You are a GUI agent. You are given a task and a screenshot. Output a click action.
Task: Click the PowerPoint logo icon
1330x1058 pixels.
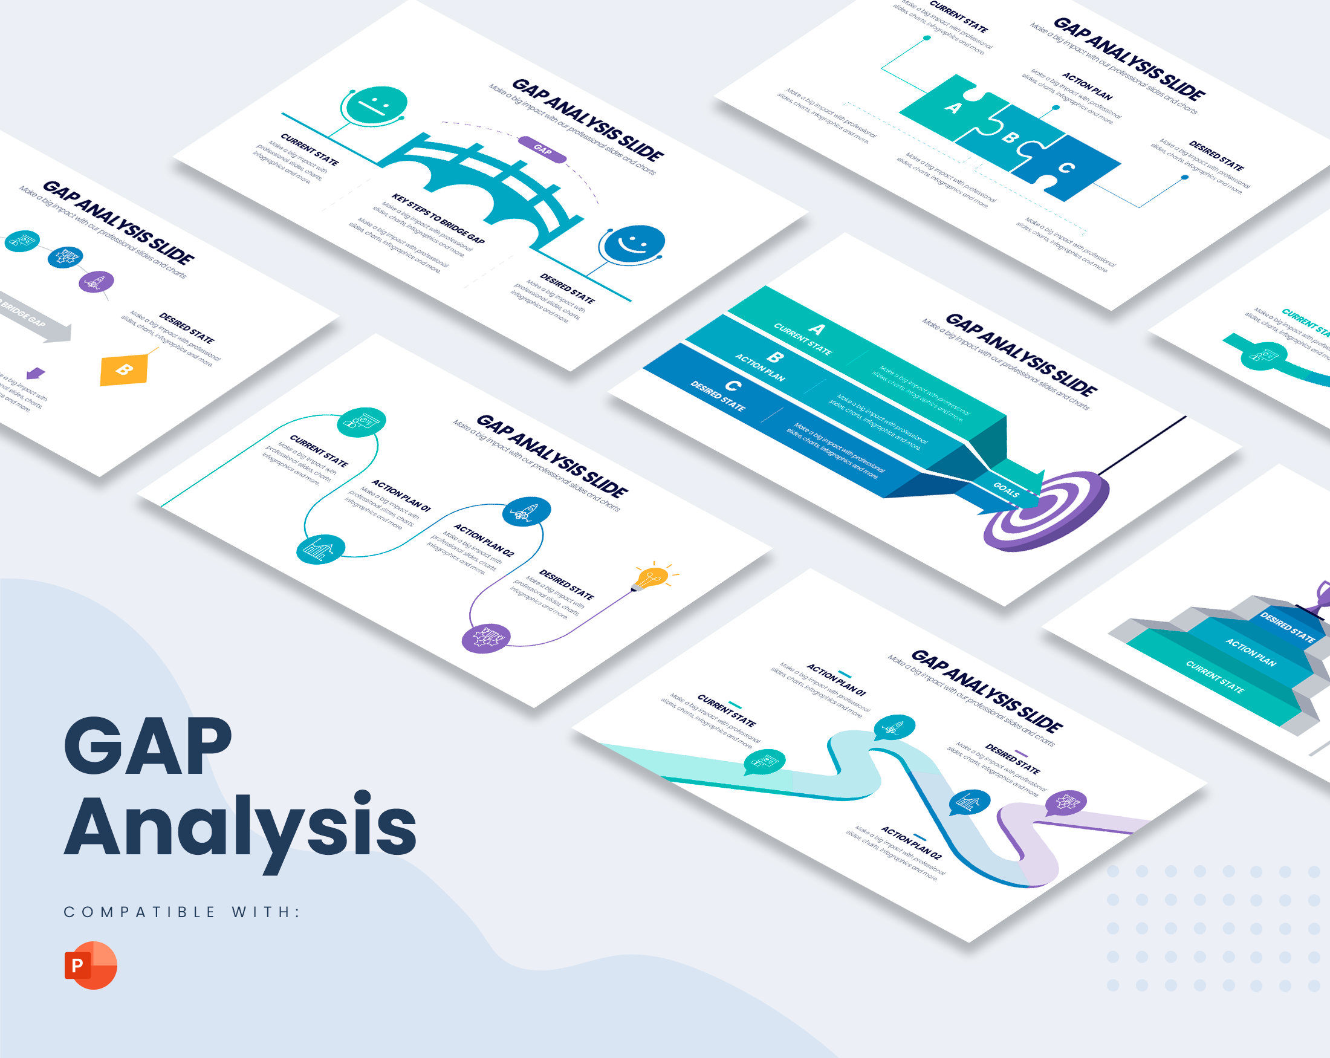91,966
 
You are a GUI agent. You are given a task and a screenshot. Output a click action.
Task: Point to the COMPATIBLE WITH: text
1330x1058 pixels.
182,912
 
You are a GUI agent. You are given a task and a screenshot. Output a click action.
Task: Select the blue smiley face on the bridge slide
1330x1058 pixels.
634,243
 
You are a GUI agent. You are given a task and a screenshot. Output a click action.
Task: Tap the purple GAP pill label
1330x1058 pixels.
542,149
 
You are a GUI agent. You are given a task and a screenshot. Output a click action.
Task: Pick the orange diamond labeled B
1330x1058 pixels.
125,369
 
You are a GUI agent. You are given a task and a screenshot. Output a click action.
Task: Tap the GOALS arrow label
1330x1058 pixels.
1005,490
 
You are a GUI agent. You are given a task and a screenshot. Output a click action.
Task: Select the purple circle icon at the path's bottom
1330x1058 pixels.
485,638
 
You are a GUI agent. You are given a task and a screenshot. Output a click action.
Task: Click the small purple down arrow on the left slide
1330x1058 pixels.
35,373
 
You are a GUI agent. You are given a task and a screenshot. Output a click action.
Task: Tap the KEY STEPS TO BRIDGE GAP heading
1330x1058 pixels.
437,219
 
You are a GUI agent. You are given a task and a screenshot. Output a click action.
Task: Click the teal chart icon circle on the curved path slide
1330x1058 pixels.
320,549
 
